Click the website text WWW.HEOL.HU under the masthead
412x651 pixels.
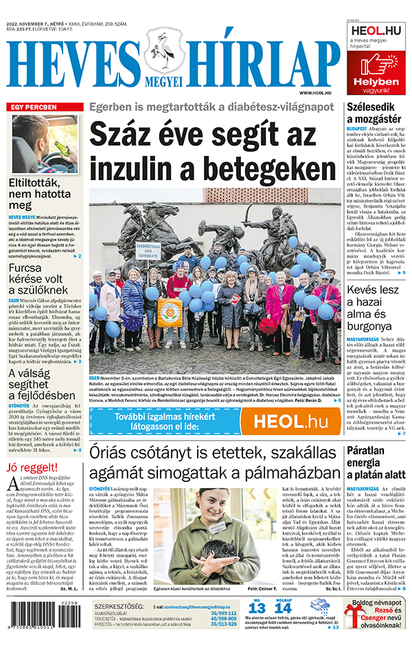click(x=315, y=92)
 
